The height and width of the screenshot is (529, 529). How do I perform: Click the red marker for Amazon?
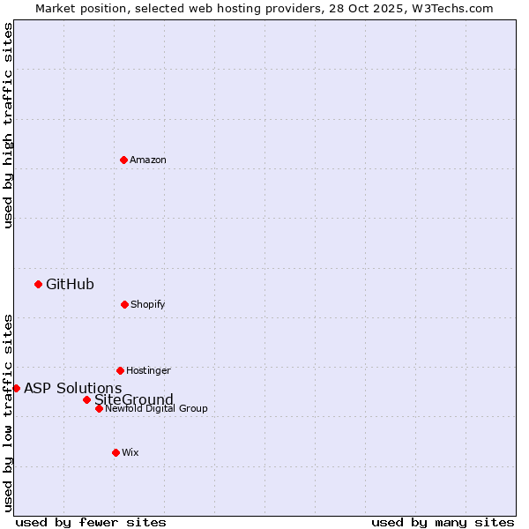click(x=124, y=160)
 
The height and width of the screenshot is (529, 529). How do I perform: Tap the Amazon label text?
click(x=148, y=160)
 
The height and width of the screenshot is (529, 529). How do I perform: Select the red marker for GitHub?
click(x=38, y=284)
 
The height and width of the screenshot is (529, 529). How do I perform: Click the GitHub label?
click(x=70, y=284)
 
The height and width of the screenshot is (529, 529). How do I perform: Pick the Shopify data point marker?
click(x=124, y=304)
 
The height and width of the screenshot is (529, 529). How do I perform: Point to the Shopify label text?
click(x=147, y=305)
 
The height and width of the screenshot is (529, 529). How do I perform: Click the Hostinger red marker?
click(x=120, y=370)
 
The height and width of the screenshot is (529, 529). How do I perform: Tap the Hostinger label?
click(x=148, y=371)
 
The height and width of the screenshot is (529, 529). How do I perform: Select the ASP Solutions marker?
click(x=16, y=388)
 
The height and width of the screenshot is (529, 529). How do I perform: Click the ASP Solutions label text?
click(x=72, y=389)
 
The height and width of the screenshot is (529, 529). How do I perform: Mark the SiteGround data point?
click(x=86, y=399)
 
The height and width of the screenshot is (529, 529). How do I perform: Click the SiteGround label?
click(x=134, y=399)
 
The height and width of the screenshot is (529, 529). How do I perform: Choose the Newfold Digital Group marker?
click(x=99, y=408)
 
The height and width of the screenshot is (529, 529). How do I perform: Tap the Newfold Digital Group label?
click(x=156, y=409)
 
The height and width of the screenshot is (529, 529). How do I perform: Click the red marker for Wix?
click(x=115, y=452)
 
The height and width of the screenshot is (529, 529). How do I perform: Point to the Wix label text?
click(x=130, y=453)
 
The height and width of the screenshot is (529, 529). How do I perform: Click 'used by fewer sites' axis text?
click(x=91, y=522)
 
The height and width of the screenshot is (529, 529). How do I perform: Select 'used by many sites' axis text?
click(x=443, y=522)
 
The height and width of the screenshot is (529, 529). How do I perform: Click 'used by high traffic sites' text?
click(x=8, y=125)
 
